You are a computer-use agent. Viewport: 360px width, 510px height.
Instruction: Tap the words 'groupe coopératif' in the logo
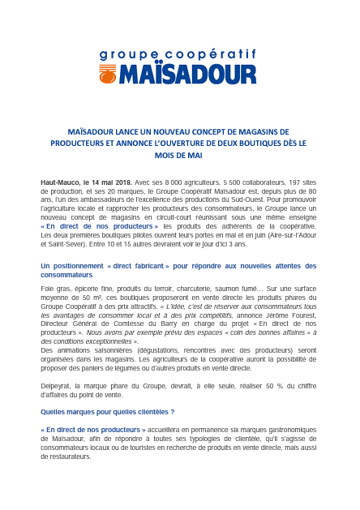(178, 56)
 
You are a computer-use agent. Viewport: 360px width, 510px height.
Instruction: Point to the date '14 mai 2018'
(116, 182)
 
